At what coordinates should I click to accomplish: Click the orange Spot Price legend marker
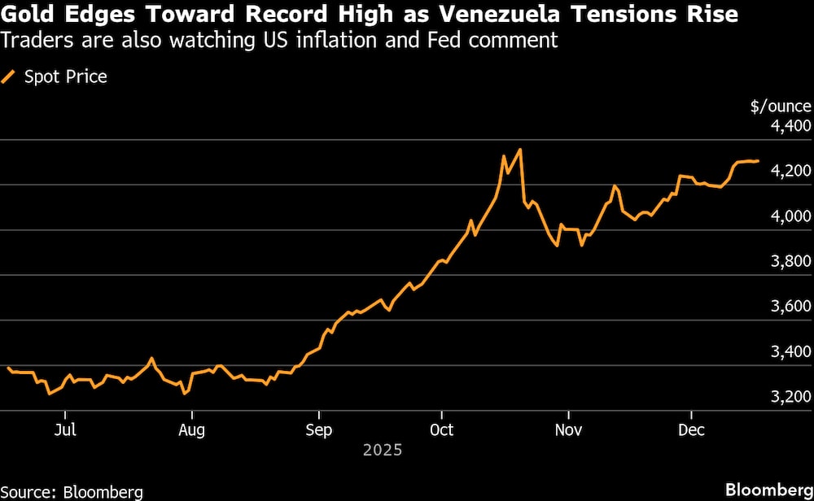[10, 76]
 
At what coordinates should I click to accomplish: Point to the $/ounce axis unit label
[781, 106]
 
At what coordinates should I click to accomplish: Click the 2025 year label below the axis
[383, 449]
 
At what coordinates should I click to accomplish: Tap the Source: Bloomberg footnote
[72, 491]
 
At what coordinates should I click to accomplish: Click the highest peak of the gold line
[519, 150]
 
